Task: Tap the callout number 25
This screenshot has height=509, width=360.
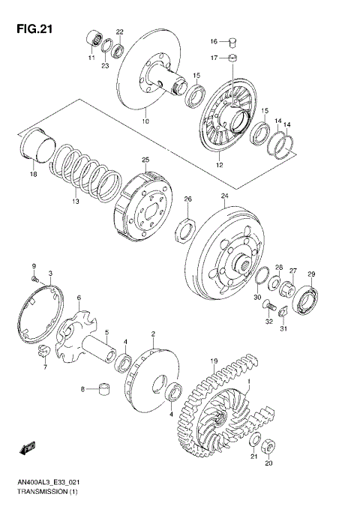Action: (146, 160)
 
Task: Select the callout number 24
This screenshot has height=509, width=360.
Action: (224, 196)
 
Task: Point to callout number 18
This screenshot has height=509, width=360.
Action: (32, 174)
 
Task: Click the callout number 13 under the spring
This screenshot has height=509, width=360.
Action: (75, 202)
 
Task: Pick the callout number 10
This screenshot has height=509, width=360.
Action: (146, 121)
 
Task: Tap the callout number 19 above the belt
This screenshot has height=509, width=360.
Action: (214, 361)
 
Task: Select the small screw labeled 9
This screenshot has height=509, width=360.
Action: (35, 278)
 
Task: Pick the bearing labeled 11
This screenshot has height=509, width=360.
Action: (95, 38)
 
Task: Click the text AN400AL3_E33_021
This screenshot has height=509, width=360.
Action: (46, 482)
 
